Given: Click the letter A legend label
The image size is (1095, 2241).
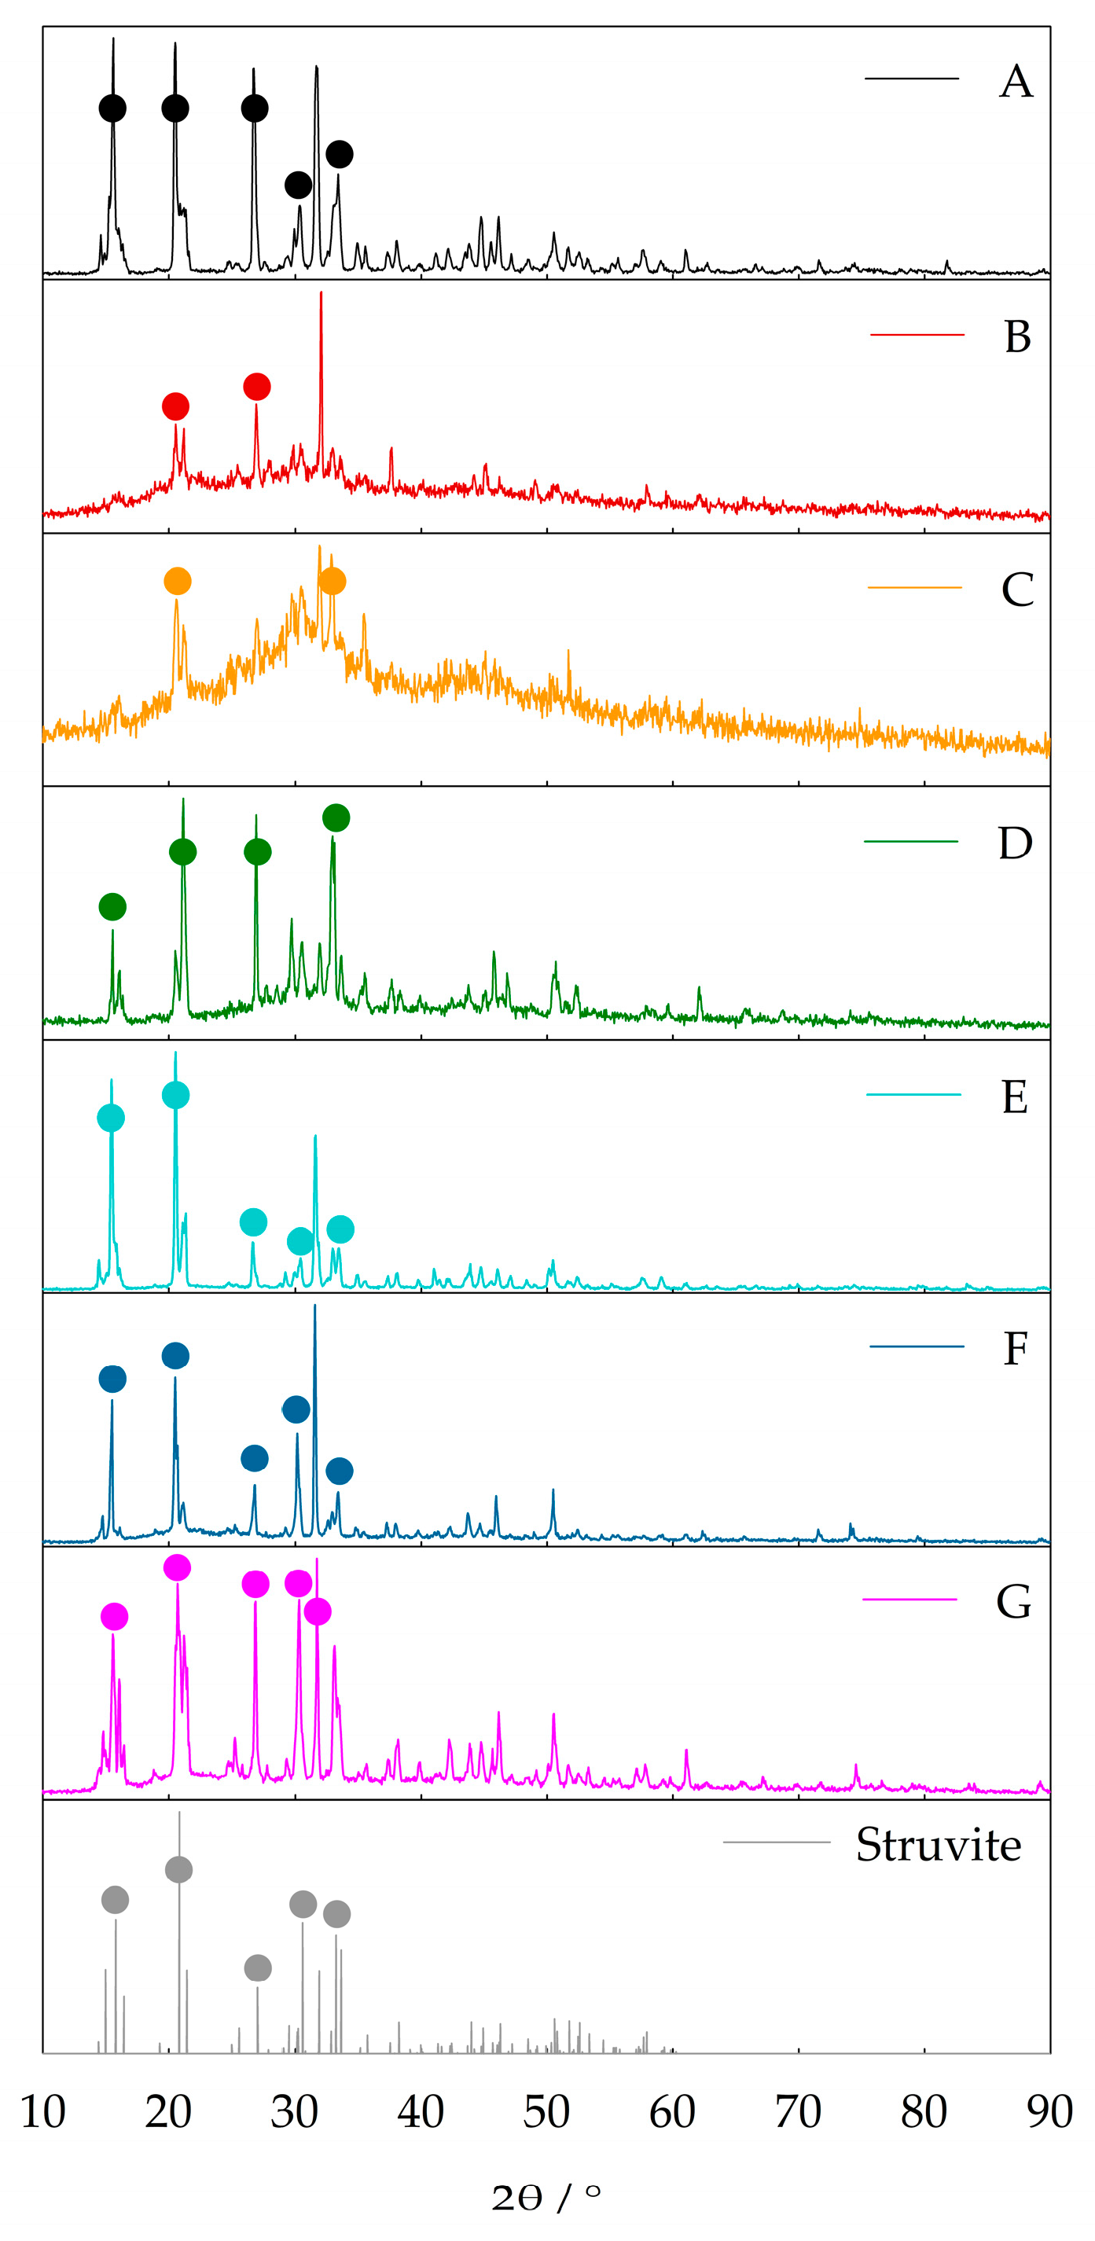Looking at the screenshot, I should pos(1016,82).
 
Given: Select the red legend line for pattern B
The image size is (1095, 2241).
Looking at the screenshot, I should pos(917,334).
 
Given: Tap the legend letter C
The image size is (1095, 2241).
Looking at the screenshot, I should pos(1016,590).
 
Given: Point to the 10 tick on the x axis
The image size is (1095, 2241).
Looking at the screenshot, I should pos(42,2111).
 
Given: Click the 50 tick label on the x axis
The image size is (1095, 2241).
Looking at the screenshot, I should pos(546,2111).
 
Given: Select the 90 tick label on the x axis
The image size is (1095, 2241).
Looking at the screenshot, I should pos(1049,2111).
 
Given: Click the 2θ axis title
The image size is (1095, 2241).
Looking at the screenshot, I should pos(546,2198).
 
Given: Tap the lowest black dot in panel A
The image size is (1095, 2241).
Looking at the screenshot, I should pos(299,185).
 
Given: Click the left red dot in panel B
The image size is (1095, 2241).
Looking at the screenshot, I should pos(175,406).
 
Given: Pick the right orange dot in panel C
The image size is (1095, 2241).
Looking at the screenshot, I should pos(333,581).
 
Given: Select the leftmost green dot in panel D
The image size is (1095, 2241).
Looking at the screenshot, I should pos(112,906).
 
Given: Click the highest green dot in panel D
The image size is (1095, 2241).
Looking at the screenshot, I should pos(336,817).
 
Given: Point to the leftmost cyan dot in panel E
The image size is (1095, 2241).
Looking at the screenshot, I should pos(111,1118).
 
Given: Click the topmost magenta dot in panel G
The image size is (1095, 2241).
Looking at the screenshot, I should pos(178,1567).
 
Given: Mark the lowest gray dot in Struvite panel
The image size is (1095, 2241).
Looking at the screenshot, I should pos(259,1967).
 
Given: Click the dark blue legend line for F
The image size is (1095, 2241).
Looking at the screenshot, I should pos(917,1346).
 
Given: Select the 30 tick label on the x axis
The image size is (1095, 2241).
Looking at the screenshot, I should pos(294,2111).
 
